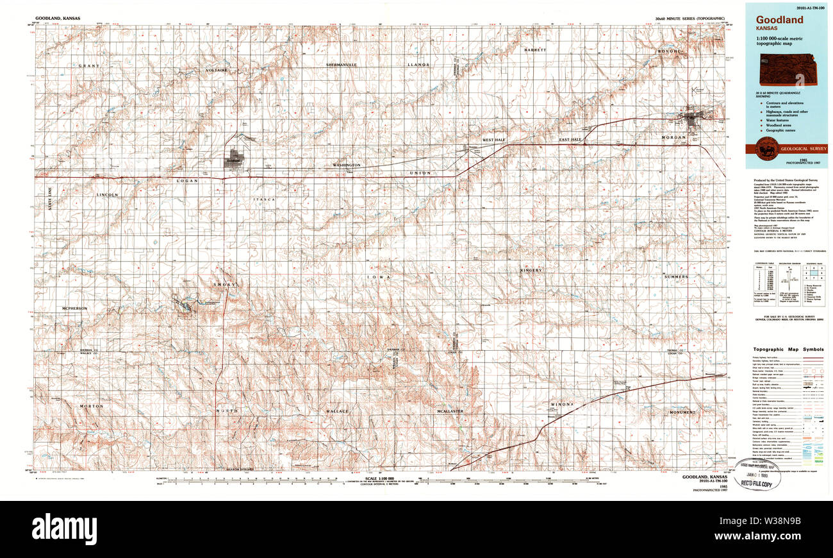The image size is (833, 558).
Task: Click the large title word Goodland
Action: click(779, 20)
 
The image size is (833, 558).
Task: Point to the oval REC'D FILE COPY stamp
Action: click(759, 473)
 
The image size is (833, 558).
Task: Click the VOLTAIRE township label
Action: click(217, 70)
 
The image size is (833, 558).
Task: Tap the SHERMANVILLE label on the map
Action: click(341, 65)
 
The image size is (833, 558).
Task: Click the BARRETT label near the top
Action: click(535, 49)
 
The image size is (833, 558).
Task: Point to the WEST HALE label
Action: click(495, 140)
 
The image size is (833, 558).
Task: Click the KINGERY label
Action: click(531, 271)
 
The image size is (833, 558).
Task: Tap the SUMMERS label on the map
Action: click(676, 277)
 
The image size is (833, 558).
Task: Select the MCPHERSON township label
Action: click(74, 309)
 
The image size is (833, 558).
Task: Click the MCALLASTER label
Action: click(450, 411)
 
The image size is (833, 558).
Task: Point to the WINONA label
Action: click(561, 405)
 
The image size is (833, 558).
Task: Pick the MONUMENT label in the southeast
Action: click(682, 412)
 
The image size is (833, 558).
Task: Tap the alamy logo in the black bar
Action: click(64, 529)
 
